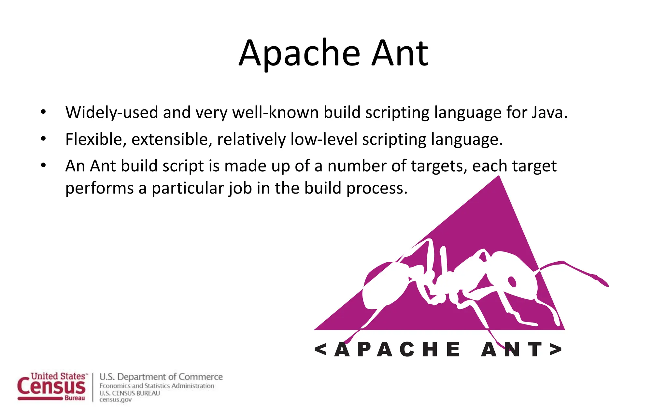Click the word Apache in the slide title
299,54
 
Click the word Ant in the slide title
400,54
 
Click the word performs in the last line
99,189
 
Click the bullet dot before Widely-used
43,112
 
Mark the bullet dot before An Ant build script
43,165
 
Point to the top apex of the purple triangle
499,178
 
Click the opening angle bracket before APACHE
320,349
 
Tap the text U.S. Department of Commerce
161,377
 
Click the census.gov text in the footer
115,400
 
